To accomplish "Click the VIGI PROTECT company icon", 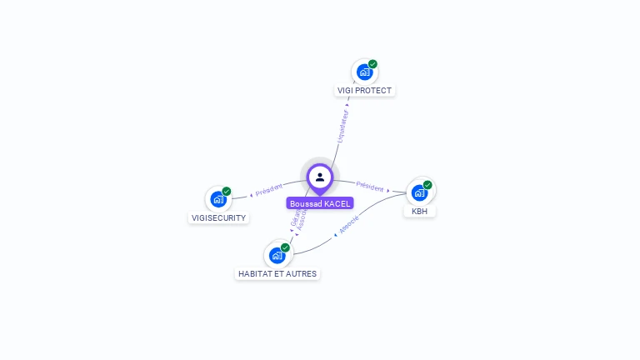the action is tap(364, 72).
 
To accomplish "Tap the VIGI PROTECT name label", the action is tap(364, 90).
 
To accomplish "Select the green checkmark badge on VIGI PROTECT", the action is tap(372, 64).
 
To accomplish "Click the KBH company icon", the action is tap(419, 192).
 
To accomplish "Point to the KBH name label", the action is tap(419, 212).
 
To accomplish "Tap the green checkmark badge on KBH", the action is tap(427, 185).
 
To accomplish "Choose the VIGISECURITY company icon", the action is tap(218, 199).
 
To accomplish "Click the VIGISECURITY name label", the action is tap(218, 218).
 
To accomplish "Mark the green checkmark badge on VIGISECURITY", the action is tap(227, 192).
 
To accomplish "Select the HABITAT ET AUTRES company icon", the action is tap(277, 255).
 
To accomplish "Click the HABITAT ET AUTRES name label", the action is tap(277, 273).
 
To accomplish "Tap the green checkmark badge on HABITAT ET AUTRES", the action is tap(285, 247).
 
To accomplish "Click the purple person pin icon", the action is tap(320, 177).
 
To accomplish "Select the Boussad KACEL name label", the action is tap(320, 203).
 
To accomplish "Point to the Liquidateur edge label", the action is tap(342, 126).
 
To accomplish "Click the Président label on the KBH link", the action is tap(370, 186).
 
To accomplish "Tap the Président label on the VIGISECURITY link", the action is tap(269, 190).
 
